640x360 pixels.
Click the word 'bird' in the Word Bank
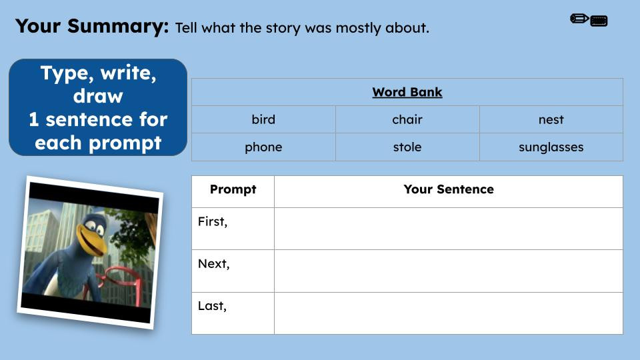point(263,120)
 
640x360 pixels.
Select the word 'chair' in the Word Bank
point(407,120)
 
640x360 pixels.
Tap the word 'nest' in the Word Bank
point(551,120)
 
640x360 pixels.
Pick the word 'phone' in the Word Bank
point(263,147)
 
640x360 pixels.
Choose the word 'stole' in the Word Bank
point(407,147)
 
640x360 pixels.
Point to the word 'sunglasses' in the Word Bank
point(551,147)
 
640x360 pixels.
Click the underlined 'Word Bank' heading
point(407,92)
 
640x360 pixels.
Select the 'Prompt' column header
point(233,189)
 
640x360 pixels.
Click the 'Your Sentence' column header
point(448,189)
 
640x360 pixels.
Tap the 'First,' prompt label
point(213,222)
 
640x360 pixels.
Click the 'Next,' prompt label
point(213,264)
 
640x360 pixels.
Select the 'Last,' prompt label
point(212,307)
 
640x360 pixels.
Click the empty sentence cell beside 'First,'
point(448,229)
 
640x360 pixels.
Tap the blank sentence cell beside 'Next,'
point(448,271)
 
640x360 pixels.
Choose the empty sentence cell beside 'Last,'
point(448,313)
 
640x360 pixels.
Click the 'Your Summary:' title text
point(92,26)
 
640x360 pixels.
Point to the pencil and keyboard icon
point(589,20)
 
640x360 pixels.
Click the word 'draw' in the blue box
point(98,96)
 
